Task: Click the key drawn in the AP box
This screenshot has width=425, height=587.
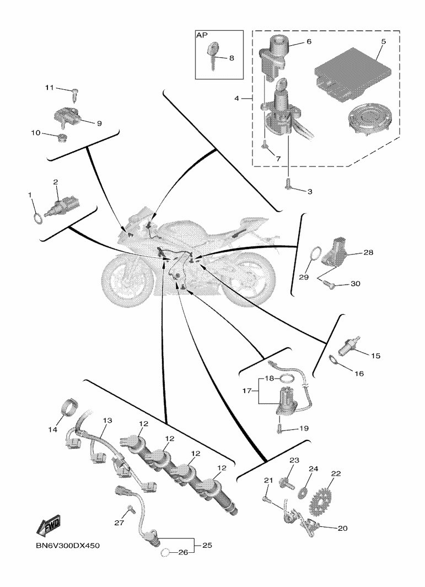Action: [213, 55]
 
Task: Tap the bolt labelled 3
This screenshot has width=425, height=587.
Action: [288, 186]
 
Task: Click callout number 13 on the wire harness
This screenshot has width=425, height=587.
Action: [106, 420]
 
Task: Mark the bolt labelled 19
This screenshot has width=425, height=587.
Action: [281, 427]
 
